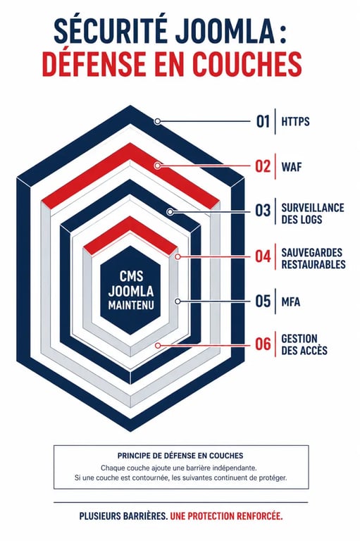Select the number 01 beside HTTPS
(263, 121)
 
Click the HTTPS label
(295, 122)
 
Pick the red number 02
(263, 166)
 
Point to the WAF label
(292, 167)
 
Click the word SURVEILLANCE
(313, 208)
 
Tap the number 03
(263, 211)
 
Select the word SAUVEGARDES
(312, 252)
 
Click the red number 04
(263, 256)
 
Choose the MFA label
(291, 302)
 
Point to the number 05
(263, 301)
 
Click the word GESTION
(299, 338)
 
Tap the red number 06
(263, 344)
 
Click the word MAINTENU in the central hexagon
(131, 306)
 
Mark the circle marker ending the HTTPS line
(157, 121)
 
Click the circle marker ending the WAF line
(157, 166)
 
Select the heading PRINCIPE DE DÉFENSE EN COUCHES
(180, 456)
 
